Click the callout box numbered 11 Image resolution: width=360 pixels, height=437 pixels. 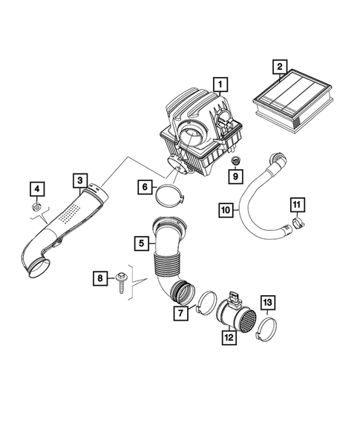coord(295,205)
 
